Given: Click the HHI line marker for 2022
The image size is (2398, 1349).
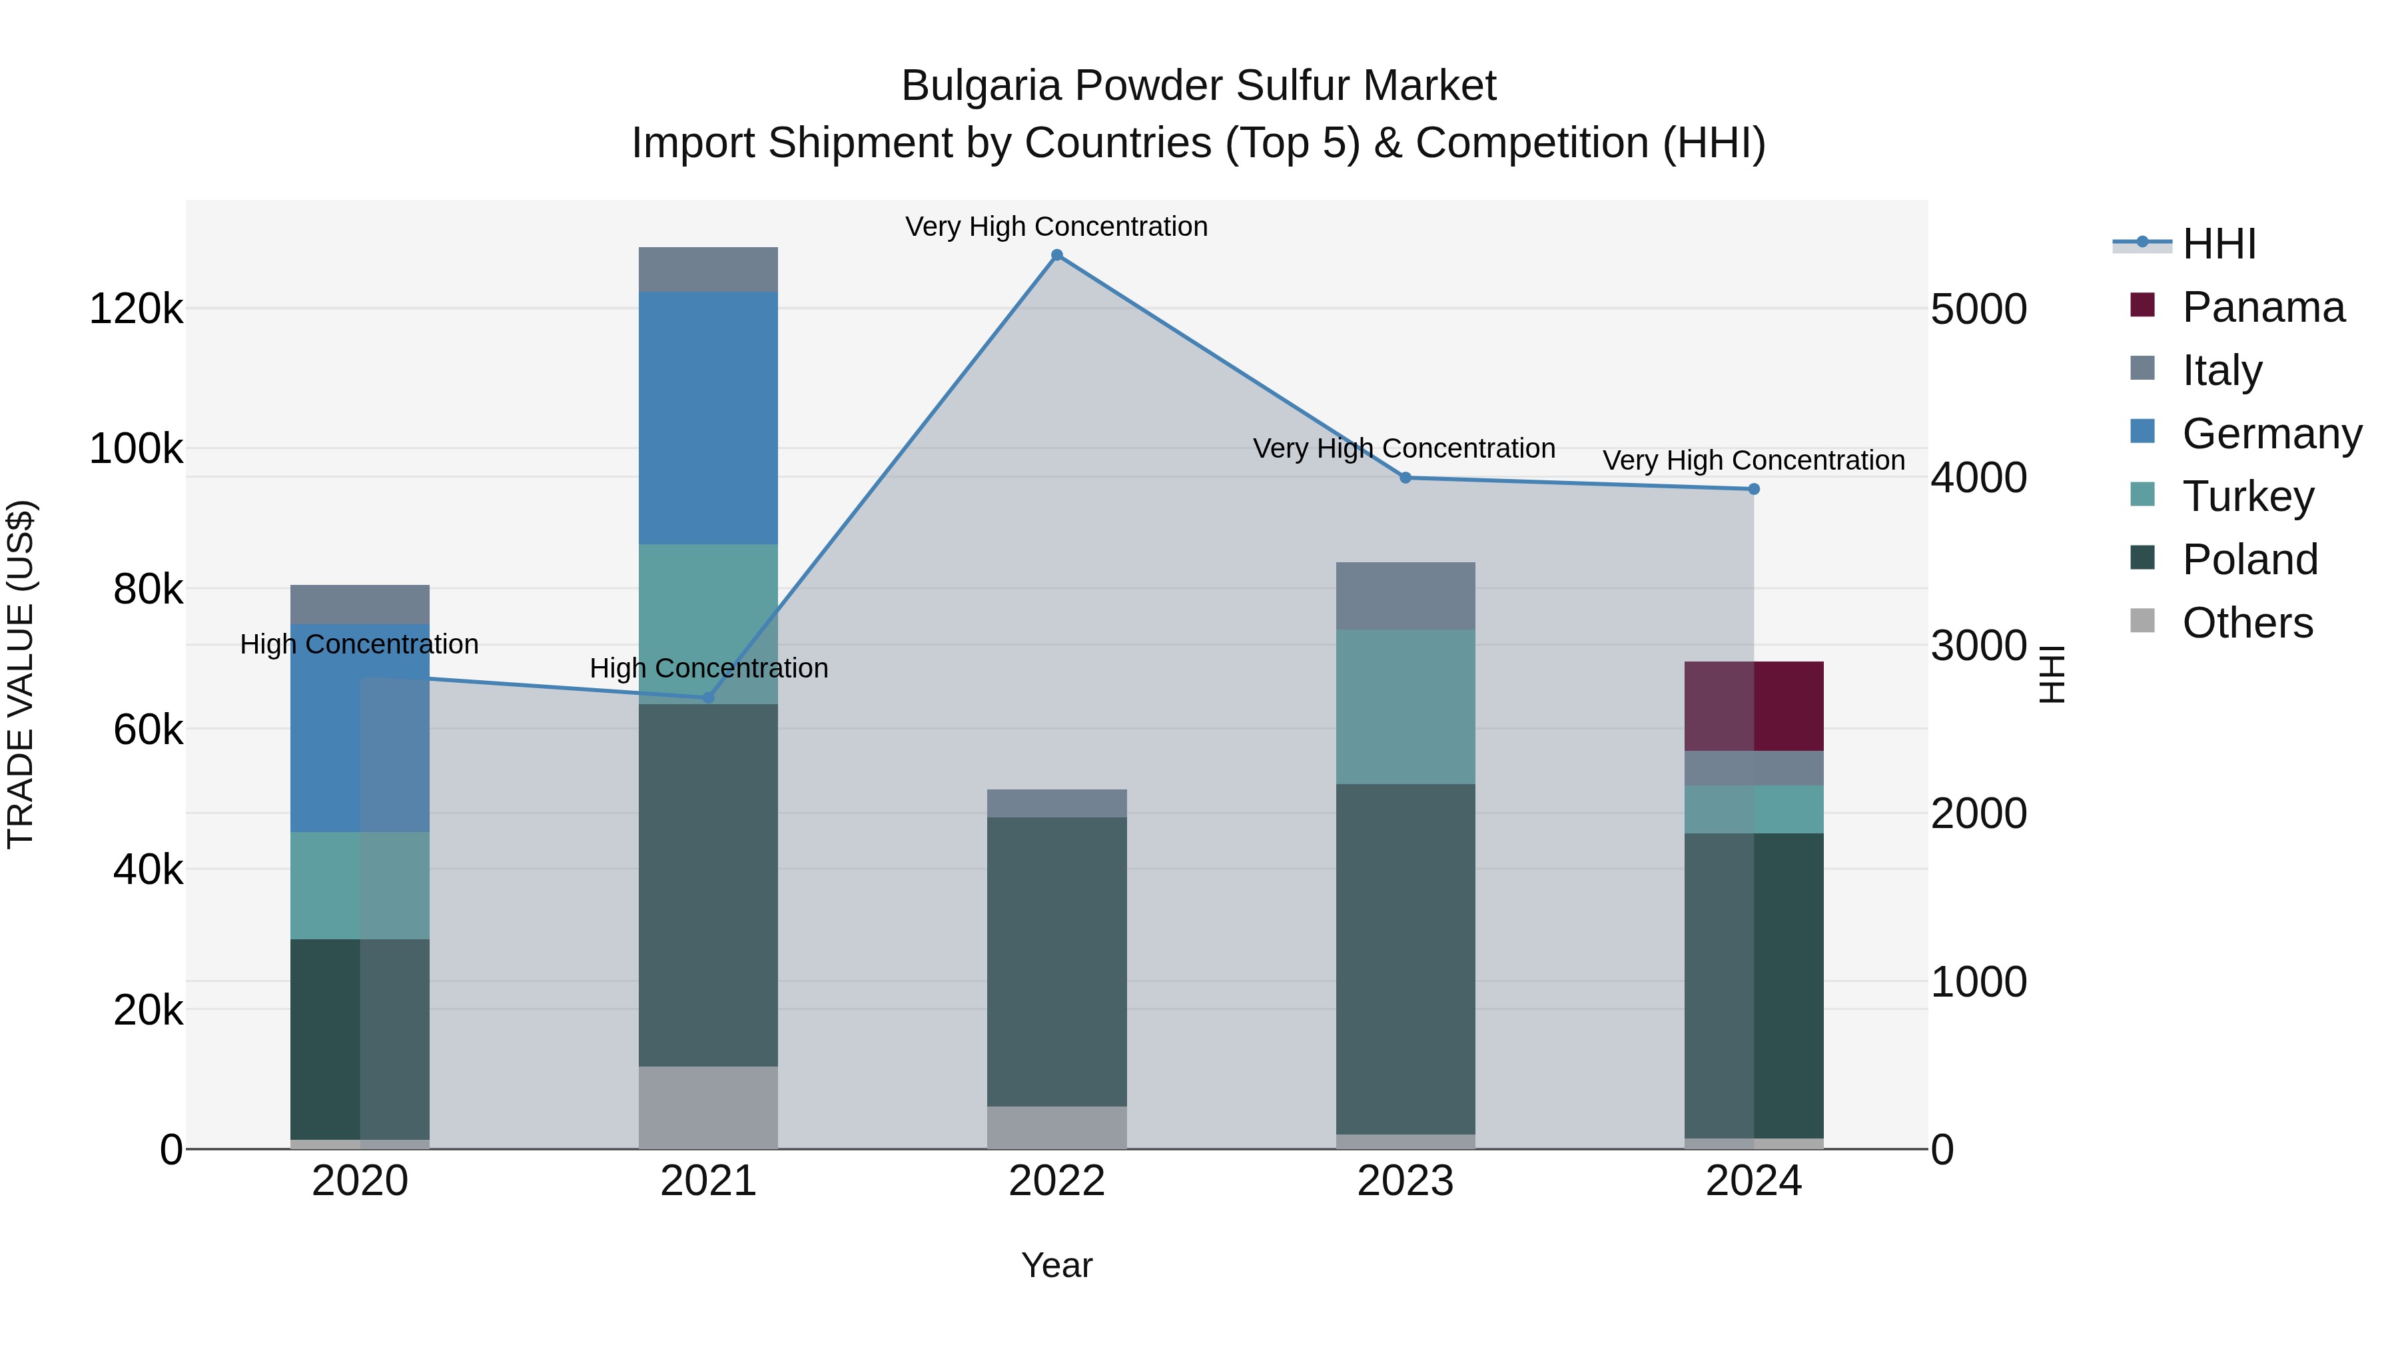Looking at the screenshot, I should click(1056, 255).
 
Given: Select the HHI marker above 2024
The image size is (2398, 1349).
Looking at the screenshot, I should click(1754, 489).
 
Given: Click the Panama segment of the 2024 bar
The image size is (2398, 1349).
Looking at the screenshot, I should click(1754, 705).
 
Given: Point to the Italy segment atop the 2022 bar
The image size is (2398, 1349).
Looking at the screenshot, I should click(1056, 803).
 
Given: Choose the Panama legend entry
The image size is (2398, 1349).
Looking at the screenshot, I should click(2262, 307).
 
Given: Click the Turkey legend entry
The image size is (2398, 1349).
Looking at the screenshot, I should click(2247, 496).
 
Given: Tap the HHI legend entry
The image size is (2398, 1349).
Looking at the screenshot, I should click(2218, 244).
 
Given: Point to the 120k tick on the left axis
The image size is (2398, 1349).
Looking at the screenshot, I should click(136, 309).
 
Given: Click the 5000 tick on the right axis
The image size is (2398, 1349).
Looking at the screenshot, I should click(1978, 309).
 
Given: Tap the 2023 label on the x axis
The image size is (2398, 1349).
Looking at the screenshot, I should click(1405, 1181).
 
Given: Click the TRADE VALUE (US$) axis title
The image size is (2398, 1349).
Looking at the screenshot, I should click(21, 674).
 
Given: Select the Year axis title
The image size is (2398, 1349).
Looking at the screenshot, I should click(1056, 1265).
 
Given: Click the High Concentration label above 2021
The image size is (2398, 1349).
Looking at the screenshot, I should click(709, 668).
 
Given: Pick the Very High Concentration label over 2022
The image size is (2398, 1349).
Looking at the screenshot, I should click(1056, 226).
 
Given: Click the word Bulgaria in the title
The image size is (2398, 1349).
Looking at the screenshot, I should click(981, 86).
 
